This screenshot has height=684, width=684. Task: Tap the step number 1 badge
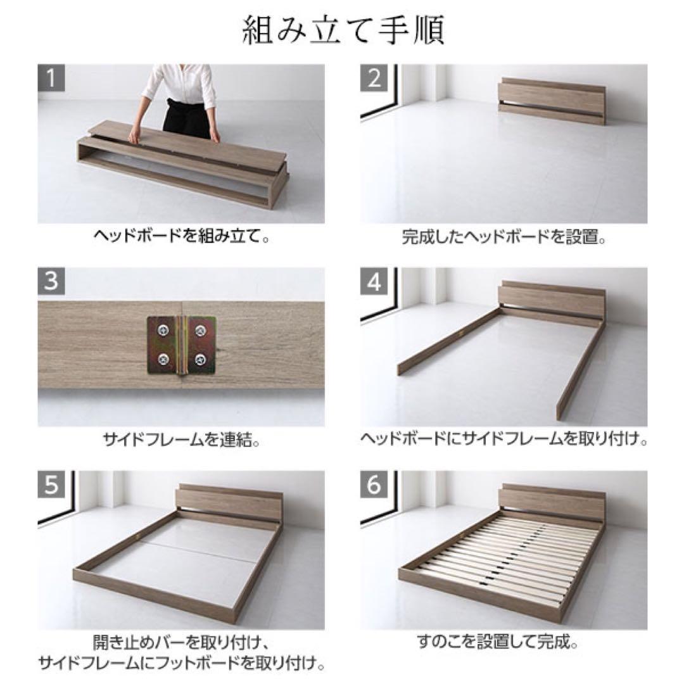click(x=52, y=79)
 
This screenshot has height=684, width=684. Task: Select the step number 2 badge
click(x=375, y=79)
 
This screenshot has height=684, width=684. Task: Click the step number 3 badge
click(x=52, y=282)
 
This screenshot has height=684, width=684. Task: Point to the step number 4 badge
click(x=375, y=282)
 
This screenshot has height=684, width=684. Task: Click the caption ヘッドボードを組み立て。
click(x=181, y=238)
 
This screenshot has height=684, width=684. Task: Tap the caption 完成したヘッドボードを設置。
click(x=504, y=238)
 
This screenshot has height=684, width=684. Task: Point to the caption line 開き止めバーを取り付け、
click(x=181, y=643)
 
